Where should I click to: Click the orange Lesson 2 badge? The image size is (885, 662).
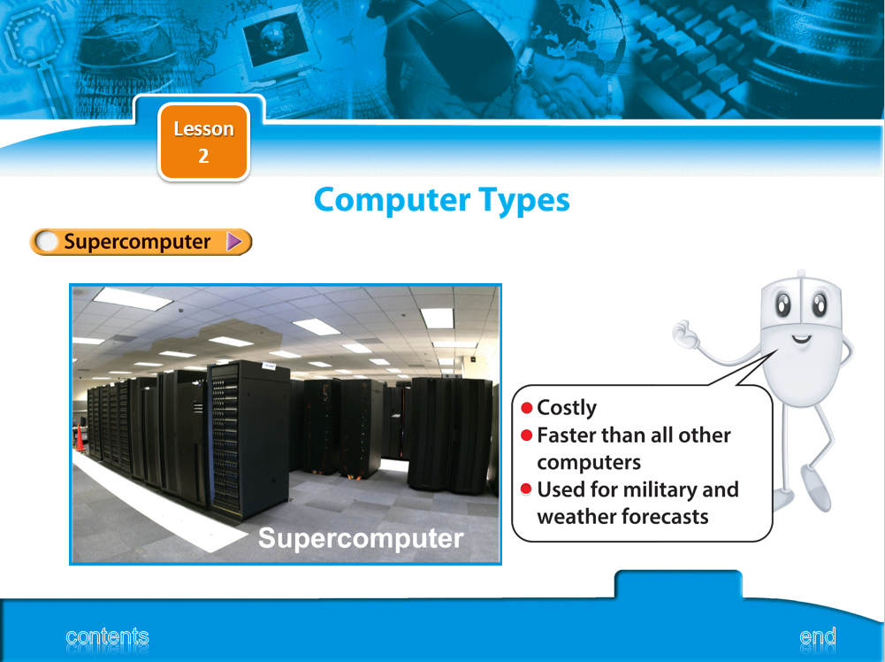tap(203, 142)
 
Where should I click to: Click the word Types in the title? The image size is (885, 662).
tap(524, 201)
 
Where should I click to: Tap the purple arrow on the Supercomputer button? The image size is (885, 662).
tap(234, 242)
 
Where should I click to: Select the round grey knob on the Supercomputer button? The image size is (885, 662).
tap(46, 242)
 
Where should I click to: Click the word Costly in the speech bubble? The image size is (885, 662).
tap(567, 408)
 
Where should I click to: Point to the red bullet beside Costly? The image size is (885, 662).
tap(527, 408)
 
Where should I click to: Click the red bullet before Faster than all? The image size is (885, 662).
tap(527, 435)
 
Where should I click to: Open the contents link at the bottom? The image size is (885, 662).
tap(107, 636)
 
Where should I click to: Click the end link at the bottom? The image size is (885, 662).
tap(818, 636)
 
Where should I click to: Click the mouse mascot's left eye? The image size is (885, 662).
tap(783, 305)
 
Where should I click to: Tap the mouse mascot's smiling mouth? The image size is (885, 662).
tap(801, 340)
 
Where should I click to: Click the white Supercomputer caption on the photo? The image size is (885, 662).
tap(361, 538)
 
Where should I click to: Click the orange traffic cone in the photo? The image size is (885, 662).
tap(80, 438)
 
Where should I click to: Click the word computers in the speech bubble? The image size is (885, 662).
tap(589, 463)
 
